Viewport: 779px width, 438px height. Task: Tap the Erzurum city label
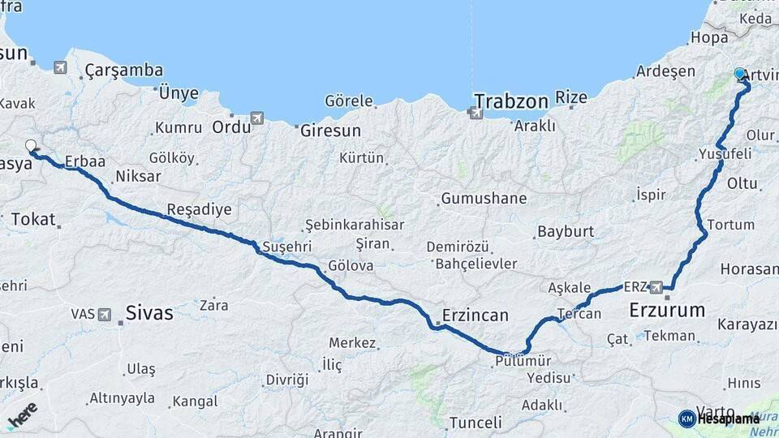click(667, 310)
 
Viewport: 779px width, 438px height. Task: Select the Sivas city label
click(149, 312)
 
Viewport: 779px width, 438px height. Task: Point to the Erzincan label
click(475, 315)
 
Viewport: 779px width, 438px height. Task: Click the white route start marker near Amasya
click(31, 146)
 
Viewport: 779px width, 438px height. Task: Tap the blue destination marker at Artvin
click(739, 74)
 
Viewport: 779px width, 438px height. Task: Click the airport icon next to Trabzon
click(476, 113)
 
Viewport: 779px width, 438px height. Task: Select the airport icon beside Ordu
click(257, 118)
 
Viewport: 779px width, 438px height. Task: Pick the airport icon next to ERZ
click(656, 286)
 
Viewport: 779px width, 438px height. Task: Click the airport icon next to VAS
click(105, 314)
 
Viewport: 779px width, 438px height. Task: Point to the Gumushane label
click(484, 198)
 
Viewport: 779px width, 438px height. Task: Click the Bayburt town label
click(566, 231)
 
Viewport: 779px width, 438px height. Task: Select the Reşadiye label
click(199, 209)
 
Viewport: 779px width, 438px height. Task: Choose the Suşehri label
click(286, 246)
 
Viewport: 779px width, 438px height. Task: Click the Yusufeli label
click(725, 153)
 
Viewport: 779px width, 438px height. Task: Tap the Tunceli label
click(476, 422)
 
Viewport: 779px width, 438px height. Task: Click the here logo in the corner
click(22, 415)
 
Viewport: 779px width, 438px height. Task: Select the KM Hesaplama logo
click(719, 419)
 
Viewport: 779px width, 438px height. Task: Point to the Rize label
click(570, 97)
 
